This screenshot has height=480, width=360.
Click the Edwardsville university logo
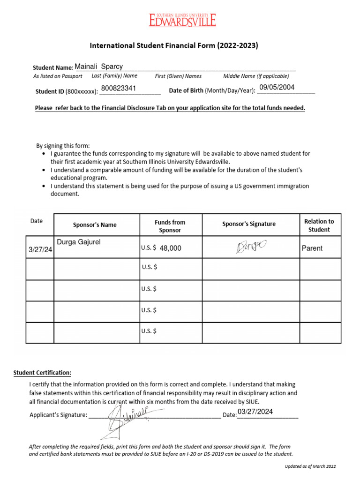click(x=183, y=20)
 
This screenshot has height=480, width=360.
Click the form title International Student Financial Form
click(x=174, y=46)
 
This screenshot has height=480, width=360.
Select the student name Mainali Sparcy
click(x=99, y=67)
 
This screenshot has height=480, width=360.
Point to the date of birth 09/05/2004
click(x=277, y=87)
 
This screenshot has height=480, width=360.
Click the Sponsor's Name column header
click(x=95, y=225)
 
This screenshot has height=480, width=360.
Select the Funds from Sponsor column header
click(x=170, y=226)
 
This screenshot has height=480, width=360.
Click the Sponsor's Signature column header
click(x=249, y=224)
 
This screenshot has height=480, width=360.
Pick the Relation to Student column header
click(x=319, y=225)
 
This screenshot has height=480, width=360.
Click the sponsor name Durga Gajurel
click(x=79, y=242)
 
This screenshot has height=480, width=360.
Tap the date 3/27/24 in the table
click(x=40, y=251)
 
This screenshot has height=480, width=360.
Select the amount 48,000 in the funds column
click(x=170, y=248)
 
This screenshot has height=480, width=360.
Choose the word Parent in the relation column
click(x=312, y=248)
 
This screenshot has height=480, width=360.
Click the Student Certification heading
click(x=42, y=373)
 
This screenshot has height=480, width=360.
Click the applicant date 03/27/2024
click(x=255, y=412)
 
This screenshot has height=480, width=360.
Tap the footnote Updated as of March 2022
click(x=310, y=466)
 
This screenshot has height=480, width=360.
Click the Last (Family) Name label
click(x=114, y=76)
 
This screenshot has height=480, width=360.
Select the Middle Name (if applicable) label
click(x=256, y=76)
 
